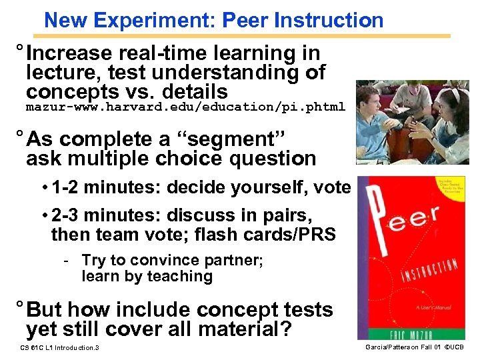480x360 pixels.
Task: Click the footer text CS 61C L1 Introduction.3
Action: [x=60, y=348]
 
